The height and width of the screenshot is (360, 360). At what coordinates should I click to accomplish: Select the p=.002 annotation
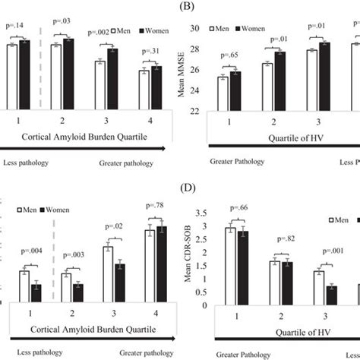pyautogui.click(x=99, y=33)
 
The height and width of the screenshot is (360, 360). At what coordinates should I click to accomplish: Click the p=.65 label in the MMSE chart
pyautogui.click(x=231, y=56)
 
